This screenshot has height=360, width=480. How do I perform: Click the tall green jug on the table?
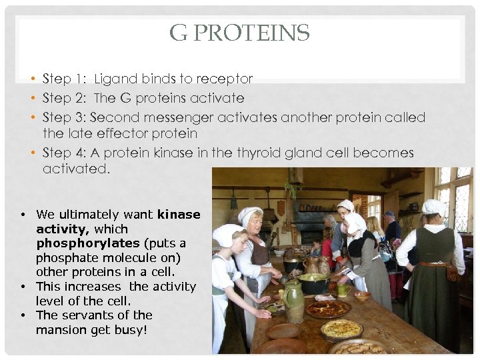click(294, 302)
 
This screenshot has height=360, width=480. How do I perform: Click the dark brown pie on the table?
click(328, 308)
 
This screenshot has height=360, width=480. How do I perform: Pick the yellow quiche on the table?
click(341, 328)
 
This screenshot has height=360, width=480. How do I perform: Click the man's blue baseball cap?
click(389, 214)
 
